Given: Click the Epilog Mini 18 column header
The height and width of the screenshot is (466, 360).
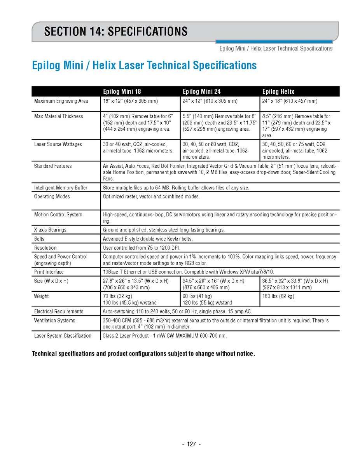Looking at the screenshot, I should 122,92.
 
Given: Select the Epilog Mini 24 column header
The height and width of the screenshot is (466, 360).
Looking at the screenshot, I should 201,92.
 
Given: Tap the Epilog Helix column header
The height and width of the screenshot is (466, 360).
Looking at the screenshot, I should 278,92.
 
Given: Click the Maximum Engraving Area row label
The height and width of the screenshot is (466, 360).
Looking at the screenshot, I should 61,101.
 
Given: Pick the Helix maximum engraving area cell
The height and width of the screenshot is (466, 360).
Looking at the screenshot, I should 290,101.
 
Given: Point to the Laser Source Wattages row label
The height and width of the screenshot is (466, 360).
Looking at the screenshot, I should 58,144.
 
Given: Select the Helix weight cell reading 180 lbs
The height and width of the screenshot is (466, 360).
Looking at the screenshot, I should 278,296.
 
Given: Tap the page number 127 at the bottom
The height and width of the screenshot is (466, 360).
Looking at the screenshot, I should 191,444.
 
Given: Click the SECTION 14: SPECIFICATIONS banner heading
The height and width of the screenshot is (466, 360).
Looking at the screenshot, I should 116,32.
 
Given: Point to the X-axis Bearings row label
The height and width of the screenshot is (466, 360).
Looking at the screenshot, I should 50,230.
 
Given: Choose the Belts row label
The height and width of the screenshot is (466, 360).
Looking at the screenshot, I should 39,239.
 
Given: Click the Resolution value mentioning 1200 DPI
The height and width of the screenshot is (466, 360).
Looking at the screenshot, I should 142,248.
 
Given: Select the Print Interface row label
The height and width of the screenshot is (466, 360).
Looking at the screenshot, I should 49,272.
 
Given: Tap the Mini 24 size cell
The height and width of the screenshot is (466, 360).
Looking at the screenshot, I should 213,284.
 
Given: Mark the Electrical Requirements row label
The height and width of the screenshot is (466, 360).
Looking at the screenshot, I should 59,312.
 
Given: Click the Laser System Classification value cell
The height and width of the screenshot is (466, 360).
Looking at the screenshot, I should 165,336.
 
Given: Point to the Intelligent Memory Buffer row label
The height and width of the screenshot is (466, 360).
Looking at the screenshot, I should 61,188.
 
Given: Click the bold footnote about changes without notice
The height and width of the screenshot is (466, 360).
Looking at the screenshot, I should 143,354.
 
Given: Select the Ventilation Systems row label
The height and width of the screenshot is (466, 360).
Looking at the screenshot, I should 54,321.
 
